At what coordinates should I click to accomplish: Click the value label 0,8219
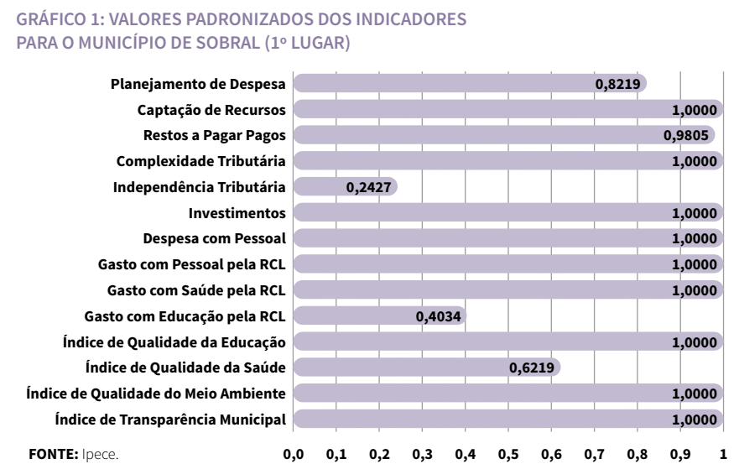coord(619,84)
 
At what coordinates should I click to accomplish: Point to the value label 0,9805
coord(688,136)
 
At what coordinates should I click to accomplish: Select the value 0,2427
coord(369,187)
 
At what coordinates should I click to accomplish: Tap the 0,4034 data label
coord(440,316)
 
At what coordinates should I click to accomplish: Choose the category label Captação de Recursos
coord(211,110)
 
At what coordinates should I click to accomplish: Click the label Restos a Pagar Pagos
coord(215,136)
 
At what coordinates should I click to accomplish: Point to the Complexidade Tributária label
coord(201,161)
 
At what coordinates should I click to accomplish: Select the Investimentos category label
coord(237,213)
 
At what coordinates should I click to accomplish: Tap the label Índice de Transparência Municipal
coord(170,420)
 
